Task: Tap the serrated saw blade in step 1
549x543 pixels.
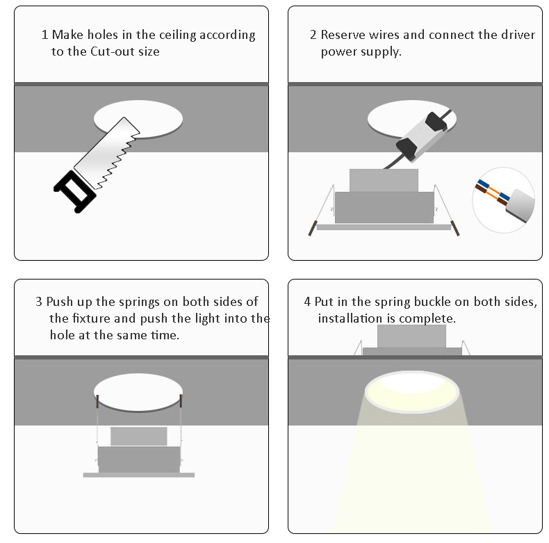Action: coord(107,153)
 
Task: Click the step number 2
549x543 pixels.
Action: coord(313,35)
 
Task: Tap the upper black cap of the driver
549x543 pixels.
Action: coord(436,122)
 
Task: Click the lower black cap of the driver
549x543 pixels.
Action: coord(408,149)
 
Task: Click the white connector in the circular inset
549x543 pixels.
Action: coord(521,205)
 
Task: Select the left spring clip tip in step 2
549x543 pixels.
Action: coord(311,229)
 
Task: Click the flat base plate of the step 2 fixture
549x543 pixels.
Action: coord(384,227)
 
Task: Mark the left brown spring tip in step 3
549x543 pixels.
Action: coord(98,401)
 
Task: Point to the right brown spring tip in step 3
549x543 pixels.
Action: coord(181,400)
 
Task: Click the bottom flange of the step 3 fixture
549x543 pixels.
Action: coord(139,475)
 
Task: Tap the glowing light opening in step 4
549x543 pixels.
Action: coord(411,391)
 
